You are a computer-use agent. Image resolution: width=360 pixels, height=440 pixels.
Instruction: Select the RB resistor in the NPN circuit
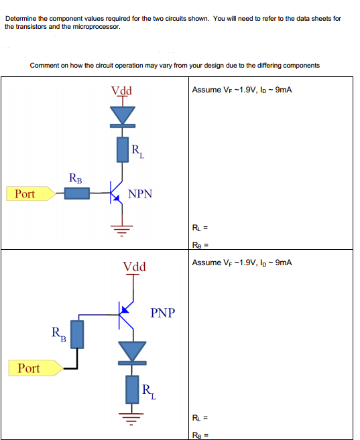point(77,194)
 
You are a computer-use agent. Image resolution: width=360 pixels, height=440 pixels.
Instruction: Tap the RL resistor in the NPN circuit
point(123,149)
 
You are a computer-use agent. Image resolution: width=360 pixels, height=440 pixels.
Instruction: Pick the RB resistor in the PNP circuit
point(77,334)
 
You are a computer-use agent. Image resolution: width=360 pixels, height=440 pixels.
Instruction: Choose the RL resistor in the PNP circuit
point(132,390)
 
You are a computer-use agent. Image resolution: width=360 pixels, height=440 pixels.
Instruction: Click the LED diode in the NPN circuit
point(123,117)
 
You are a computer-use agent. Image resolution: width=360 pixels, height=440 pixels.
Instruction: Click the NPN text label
point(140,194)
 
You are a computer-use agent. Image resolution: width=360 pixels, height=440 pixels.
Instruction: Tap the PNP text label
point(163,313)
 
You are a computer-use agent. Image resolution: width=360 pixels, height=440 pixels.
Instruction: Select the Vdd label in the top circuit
point(121,90)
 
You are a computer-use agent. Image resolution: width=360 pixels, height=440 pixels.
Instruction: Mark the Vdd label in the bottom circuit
point(134,267)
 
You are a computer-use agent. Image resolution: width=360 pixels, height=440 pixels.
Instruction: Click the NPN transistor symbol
point(117,193)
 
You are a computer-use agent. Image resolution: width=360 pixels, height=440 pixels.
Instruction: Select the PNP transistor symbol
point(126,315)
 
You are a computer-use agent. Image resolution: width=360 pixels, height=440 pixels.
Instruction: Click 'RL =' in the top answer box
point(200,228)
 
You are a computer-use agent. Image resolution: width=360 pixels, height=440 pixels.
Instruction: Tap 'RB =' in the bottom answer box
point(200,435)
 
